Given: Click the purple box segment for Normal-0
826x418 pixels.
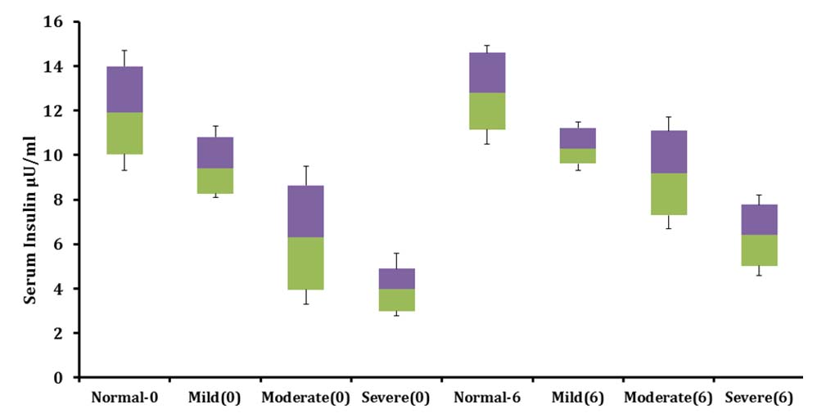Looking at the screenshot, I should click(x=124, y=89).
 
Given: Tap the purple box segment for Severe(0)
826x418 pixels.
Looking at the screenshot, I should click(x=396, y=278).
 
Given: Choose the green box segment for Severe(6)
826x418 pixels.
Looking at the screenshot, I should click(x=759, y=250).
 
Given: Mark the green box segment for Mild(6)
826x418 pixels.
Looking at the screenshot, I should click(x=578, y=155).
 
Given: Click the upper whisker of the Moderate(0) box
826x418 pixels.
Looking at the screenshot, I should click(x=305, y=176).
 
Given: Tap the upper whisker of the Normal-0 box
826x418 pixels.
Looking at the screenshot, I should click(x=124, y=58).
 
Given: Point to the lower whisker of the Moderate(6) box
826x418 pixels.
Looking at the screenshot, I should click(x=669, y=222).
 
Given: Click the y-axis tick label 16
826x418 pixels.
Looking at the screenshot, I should click(x=52, y=22).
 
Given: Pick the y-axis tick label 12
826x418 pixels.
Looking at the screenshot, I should click(x=52, y=111).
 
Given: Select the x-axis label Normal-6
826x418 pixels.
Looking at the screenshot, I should click(x=487, y=398).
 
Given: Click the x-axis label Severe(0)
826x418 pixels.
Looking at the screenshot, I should click(x=396, y=398).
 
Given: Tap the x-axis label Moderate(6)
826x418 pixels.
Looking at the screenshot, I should click(x=669, y=398).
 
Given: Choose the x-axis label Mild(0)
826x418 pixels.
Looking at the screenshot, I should click(x=215, y=398).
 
